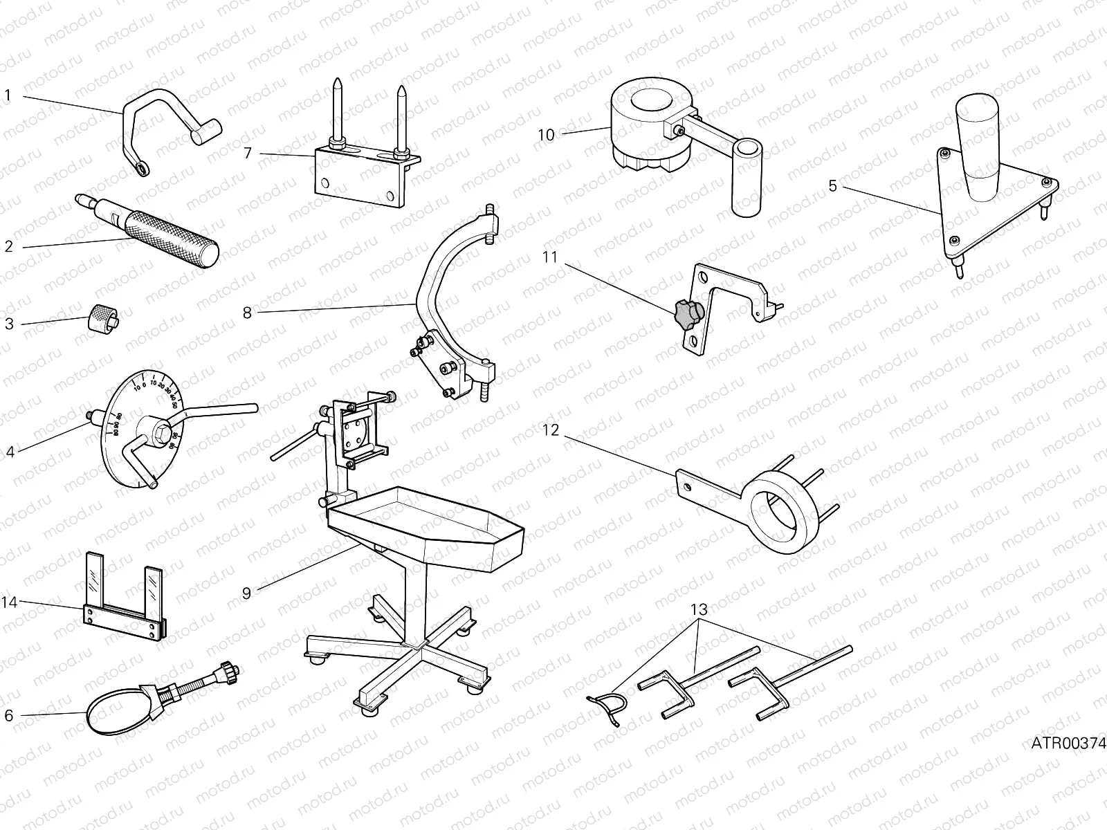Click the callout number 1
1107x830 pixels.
point(8,95)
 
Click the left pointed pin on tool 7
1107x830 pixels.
point(336,111)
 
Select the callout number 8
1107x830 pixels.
point(247,312)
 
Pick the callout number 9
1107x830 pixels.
point(247,592)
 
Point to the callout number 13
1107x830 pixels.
point(699,610)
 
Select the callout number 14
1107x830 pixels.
point(8,602)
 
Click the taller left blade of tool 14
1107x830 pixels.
point(94,578)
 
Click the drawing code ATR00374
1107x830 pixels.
point(1068,744)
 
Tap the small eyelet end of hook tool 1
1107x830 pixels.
point(142,168)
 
